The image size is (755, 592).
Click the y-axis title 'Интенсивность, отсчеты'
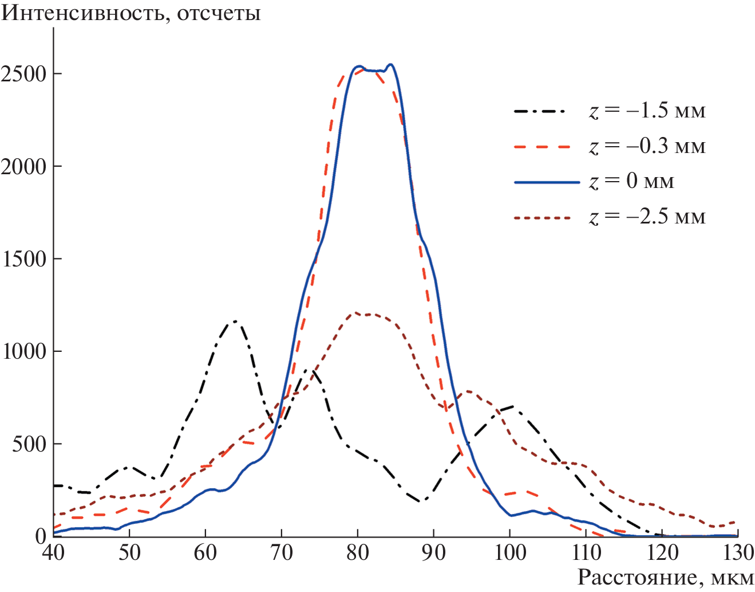tap(131, 13)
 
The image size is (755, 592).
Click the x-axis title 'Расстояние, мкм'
tap(665, 577)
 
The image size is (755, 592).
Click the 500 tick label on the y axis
tap(29, 444)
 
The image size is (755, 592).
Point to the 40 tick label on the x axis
tap(53, 552)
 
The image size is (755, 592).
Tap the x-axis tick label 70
tap(281, 552)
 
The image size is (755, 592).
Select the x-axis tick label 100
tap(510, 552)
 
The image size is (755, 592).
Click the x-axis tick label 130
tap(738, 552)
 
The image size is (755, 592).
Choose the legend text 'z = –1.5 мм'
tap(647, 111)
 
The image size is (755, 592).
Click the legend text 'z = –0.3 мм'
tap(647, 146)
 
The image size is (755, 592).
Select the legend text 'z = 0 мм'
tap(631, 182)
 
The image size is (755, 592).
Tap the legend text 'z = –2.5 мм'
tap(647, 217)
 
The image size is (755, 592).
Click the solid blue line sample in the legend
tap(547, 182)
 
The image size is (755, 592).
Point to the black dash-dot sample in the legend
tap(540, 111)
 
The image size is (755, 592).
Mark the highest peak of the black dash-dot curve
tap(235, 322)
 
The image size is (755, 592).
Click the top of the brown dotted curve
tap(356, 313)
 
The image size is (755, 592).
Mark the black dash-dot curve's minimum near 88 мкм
tap(422, 501)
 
